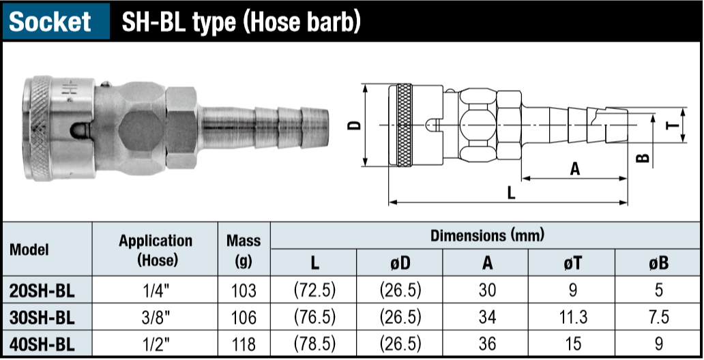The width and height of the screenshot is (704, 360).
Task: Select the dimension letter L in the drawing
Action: coord(511,192)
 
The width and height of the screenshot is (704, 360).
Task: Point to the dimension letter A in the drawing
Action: coord(574,168)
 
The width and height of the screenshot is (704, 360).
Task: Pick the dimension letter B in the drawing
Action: coord(642,157)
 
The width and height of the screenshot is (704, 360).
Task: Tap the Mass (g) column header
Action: coord(244,250)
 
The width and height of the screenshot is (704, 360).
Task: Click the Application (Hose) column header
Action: coord(156,250)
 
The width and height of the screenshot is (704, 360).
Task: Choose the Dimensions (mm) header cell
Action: coord(486,236)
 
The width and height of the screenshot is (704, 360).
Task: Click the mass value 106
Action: coord(244,317)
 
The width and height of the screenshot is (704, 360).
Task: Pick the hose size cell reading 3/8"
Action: coord(156,317)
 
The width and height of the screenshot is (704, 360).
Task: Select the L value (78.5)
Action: coord(314,343)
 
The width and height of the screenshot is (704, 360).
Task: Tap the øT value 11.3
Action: coord(573,317)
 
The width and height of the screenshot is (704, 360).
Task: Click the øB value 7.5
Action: coord(658,317)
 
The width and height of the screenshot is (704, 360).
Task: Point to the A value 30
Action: coord(486,290)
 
